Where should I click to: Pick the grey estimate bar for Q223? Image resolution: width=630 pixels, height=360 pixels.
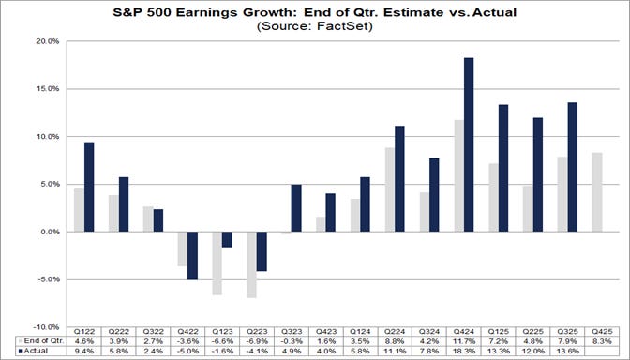(x=251, y=264)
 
